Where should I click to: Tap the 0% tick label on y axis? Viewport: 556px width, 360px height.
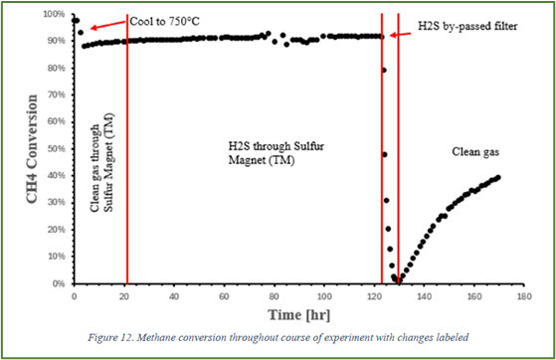[61, 283]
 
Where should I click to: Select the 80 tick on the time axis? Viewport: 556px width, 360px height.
[275, 295]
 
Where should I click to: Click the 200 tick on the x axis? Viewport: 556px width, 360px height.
[524, 295]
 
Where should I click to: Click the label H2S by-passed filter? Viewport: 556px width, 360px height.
[454, 21]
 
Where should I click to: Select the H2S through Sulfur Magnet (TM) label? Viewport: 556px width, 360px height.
[268, 152]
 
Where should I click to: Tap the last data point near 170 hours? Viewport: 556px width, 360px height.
[498, 177]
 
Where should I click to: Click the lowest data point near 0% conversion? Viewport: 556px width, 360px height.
[398, 281]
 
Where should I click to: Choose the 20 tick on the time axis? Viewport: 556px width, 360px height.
[124, 295]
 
